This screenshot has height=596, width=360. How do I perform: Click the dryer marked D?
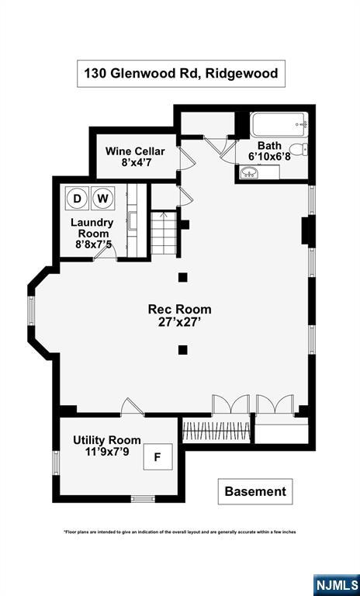click(x=77, y=198)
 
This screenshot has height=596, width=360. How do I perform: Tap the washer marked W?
click(x=102, y=198)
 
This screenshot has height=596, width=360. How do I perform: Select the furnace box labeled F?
click(x=157, y=457)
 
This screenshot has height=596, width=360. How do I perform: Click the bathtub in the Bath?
click(x=279, y=124)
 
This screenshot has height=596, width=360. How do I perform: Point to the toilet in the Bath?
click(x=299, y=150)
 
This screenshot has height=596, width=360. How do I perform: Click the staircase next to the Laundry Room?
click(x=164, y=234)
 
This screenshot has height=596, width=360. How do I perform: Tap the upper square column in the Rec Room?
click(x=183, y=278)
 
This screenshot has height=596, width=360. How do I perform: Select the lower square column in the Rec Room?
click(x=183, y=350)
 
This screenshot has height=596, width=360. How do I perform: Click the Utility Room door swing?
click(x=132, y=406)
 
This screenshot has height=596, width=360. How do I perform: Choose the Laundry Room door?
click(x=105, y=253)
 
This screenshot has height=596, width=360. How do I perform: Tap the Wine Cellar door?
click(x=187, y=158)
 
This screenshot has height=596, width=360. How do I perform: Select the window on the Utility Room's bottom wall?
click(x=143, y=498)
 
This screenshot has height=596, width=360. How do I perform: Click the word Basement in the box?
click(x=255, y=491)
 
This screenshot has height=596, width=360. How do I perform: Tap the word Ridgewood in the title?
click(x=241, y=73)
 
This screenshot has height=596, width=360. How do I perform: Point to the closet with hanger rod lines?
click(x=216, y=430)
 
